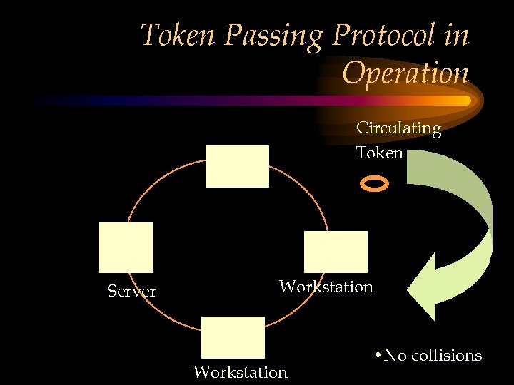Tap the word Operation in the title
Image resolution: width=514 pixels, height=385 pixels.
point(405,72)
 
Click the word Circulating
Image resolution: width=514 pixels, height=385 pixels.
point(398,128)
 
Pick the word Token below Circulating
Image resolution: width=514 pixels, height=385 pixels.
point(380,153)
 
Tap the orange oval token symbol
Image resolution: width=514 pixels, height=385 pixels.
point(375,185)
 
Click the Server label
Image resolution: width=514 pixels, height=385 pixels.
point(131,291)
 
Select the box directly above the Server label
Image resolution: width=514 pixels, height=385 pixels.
point(126,247)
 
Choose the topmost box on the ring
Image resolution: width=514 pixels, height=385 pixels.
point(237,166)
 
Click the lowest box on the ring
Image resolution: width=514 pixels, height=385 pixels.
point(233,337)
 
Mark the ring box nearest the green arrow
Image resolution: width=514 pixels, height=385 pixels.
point(336,252)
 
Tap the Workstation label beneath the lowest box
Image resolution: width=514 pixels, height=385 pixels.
point(241,372)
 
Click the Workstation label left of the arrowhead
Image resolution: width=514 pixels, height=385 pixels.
point(326,287)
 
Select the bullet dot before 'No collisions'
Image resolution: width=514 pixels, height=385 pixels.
point(376,355)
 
